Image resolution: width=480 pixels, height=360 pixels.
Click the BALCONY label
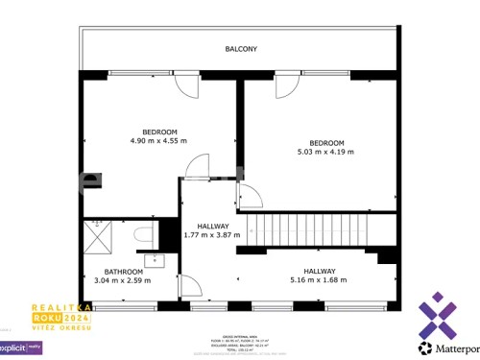pos(241,48)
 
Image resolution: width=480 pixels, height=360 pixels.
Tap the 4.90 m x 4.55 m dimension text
pos(158,141)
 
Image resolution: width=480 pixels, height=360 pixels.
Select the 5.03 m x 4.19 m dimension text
pos(325,152)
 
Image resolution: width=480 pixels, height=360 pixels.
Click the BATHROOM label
pos(124,271)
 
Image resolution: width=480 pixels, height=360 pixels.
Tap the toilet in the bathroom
pos(141,233)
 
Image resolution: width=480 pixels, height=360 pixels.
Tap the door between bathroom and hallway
pos(189,285)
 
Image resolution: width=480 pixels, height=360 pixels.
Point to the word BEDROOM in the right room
pos(325,142)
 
